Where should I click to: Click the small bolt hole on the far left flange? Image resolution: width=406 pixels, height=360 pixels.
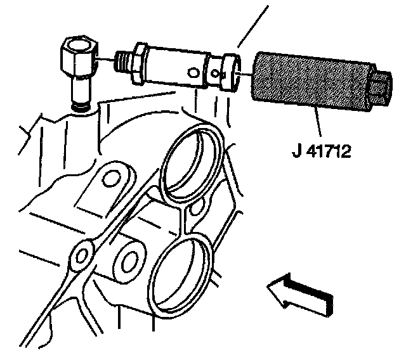[81, 254]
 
